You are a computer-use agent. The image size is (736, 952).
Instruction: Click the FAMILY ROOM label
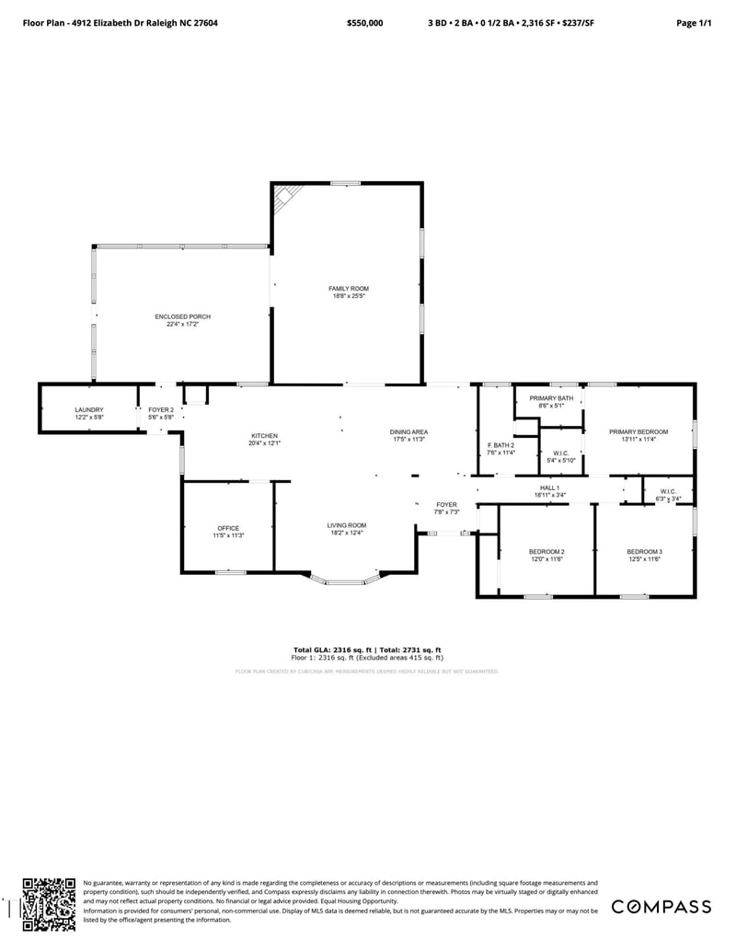(x=349, y=289)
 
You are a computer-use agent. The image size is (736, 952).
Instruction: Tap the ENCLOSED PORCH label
(x=182, y=316)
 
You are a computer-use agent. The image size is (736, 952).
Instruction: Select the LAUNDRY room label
(x=89, y=410)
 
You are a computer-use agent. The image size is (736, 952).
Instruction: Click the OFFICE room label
(x=228, y=528)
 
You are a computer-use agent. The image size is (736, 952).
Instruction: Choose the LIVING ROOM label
(x=347, y=525)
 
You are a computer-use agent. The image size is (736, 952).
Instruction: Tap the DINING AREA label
(x=408, y=432)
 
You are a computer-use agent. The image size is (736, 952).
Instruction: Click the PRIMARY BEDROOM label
(x=638, y=431)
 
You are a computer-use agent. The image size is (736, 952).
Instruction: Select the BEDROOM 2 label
(x=546, y=552)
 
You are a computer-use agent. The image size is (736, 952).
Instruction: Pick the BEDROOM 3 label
(x=645, y=552)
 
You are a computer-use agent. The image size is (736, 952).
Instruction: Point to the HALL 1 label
(x=549, y=487)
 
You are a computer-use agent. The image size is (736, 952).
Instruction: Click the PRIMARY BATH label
(x=551, y=398)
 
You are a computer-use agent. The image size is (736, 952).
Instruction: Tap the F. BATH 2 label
(x=500, y=445)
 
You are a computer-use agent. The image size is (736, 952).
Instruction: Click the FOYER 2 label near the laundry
(x=161, y=410)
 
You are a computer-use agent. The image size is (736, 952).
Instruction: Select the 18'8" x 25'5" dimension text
(x=349, y=296)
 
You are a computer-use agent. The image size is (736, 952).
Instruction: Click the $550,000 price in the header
(x=365, y=22)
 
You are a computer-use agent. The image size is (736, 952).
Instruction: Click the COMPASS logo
(x=661, y=906)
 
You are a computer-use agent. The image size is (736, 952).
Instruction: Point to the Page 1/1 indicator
(x=694, y=22)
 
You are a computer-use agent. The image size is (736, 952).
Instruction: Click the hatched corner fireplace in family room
(x=286, y=196)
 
